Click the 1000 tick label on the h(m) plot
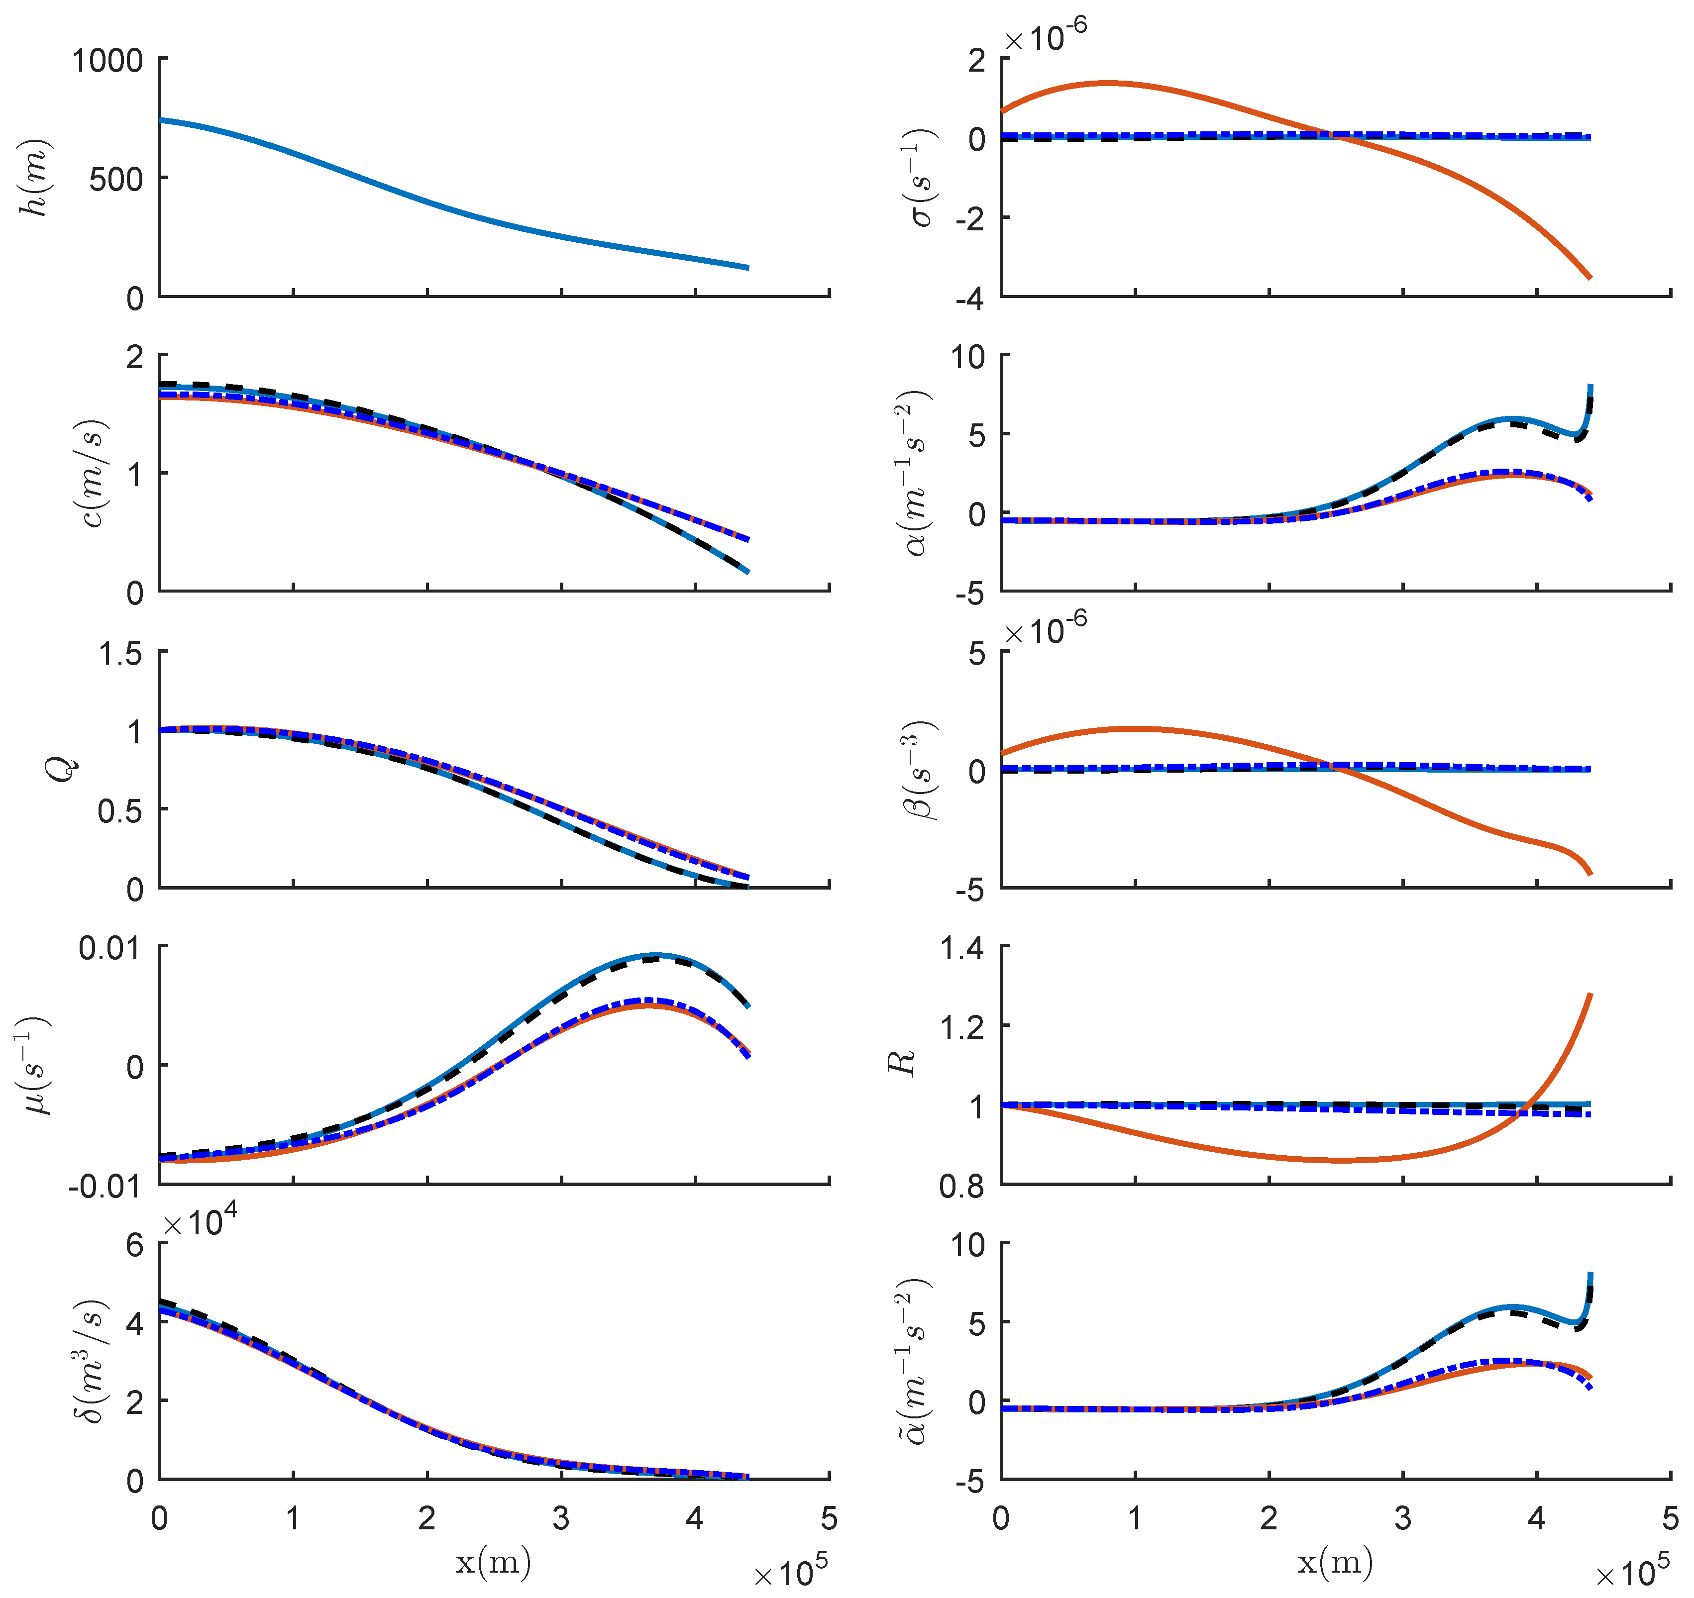click(107, 61)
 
